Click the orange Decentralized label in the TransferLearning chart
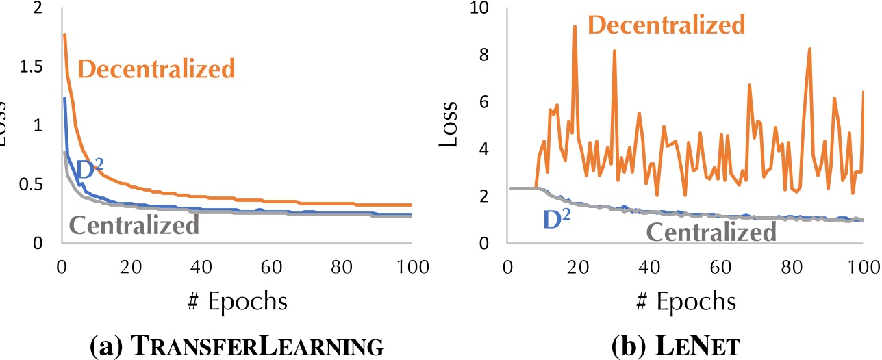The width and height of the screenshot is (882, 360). (x=156, y=68)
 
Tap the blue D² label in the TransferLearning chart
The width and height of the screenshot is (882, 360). (x=89, y=169)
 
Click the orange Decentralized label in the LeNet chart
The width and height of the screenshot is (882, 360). (x=666, y=25)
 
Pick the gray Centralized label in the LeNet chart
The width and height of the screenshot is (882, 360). (x=711, y=232)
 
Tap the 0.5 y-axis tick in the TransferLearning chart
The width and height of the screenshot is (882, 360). (x=29, y=185)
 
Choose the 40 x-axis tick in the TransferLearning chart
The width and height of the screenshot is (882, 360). (x=201, y=266)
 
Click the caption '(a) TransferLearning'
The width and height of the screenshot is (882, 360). (x=236, y=344)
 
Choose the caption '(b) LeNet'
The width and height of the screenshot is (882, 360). (x=675, y=344)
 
